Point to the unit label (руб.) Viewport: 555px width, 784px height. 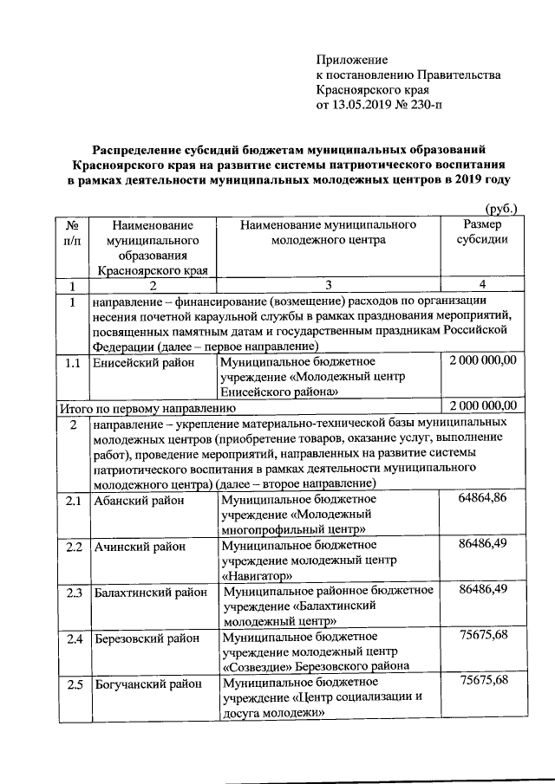coord(500,209)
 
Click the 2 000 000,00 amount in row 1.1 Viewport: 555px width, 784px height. coord(482,360)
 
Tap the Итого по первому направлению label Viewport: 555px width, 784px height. coord(147,406)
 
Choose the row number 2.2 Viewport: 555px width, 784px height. coord(74,547)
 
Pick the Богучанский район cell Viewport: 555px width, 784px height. coord(143,685)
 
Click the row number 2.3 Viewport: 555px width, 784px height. coord(74,593)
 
